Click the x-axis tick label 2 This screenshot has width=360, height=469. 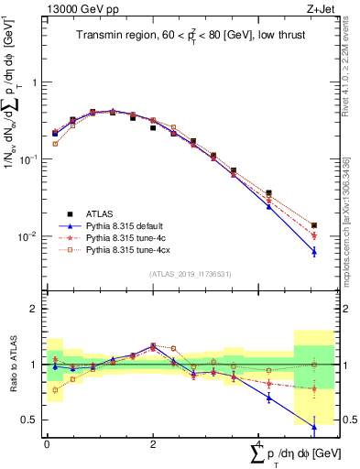[153, 442]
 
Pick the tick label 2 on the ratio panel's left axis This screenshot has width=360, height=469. [33, 309]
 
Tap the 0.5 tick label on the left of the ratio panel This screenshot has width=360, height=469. [30, 420]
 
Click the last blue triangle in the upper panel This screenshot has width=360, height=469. [314, 251]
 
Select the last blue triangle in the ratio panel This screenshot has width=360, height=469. [314, 427]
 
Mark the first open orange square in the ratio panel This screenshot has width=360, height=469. [55, 389]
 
